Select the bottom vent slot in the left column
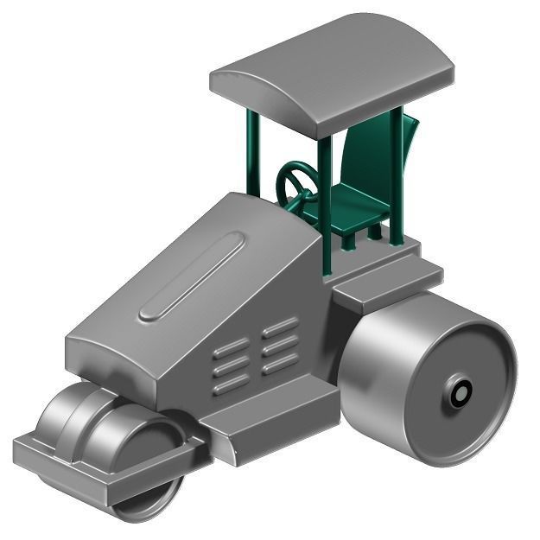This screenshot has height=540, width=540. (229, 385)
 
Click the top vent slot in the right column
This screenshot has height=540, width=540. (281, 327)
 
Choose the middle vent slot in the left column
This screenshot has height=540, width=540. (230, 367)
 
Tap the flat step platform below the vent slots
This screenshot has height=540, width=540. (268, 415)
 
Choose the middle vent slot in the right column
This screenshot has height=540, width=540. (280, 346)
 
